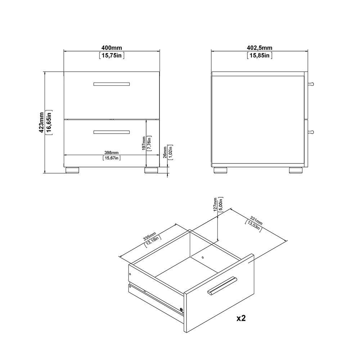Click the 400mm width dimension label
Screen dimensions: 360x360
[x=112, y=48]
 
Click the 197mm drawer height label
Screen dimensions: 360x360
[x=144, y=143]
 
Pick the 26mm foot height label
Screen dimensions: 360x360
[x=165, y=152]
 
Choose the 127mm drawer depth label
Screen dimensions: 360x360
[x=215, y=204]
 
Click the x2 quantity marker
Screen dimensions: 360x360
[x=242, y=318]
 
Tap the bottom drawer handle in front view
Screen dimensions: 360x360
[x=111, y=132]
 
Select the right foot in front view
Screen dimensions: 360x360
[x=151, y=170]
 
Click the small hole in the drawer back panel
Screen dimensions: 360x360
[x=203, y=257]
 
